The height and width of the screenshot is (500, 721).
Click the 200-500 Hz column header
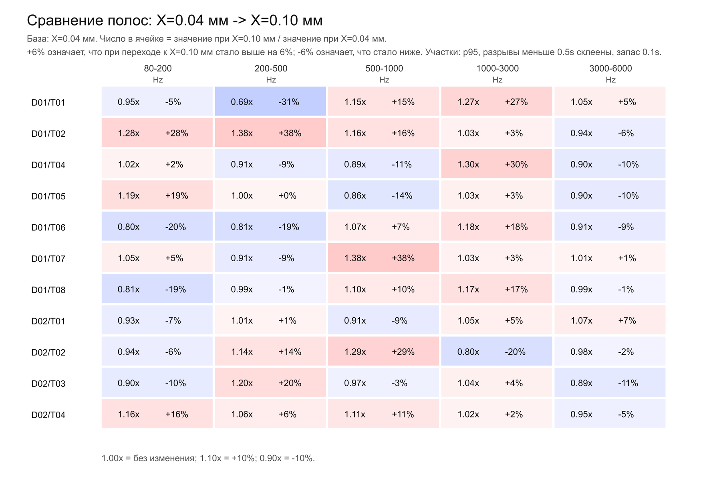271,74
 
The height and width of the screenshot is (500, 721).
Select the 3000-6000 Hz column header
610,74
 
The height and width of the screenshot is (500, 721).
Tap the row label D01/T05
48,196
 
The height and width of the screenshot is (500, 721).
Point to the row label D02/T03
48,383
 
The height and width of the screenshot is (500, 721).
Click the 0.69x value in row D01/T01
242,102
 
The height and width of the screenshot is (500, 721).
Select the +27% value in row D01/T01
516,102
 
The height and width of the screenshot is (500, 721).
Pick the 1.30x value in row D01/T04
468,164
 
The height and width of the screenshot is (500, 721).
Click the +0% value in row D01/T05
287,196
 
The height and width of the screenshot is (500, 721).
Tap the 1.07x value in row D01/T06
355,227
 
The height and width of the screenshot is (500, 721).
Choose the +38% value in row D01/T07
403,258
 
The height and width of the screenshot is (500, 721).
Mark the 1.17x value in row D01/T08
468,289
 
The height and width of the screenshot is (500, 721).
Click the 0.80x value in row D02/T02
468,352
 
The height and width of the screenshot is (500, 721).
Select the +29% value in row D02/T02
403,352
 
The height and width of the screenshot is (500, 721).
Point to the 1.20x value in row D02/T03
242,383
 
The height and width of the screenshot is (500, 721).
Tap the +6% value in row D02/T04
287,414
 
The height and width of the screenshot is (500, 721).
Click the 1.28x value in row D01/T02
129,133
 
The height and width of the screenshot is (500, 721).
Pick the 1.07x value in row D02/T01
581,320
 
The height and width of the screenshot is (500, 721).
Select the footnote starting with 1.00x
208,458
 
